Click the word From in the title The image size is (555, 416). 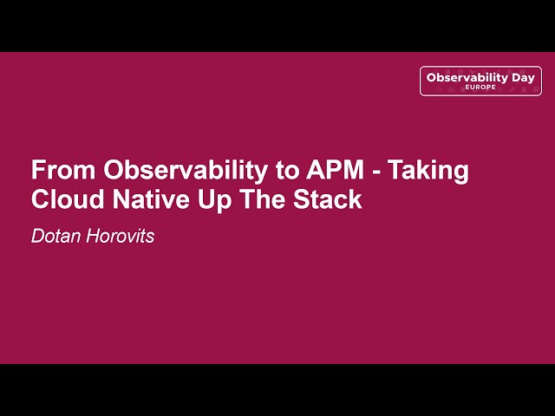[x=63, y=170]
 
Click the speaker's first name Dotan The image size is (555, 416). [x=55, y=236]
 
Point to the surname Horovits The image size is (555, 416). [x=120, y=236]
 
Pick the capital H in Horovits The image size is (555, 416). [x=91, y=236]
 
